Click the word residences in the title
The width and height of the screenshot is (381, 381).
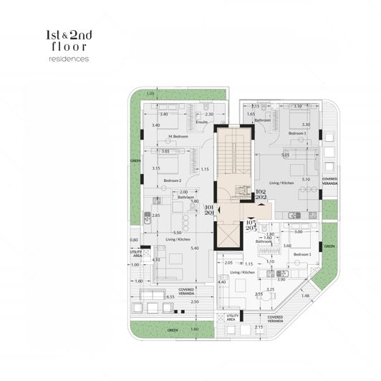(65, 59)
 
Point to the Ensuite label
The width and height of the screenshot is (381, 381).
(201, 122)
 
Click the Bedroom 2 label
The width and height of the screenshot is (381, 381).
(173, 180)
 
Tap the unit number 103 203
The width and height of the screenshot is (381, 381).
(251, 225)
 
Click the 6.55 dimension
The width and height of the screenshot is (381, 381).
(170, 296)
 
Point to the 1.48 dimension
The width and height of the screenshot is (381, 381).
(305, 296)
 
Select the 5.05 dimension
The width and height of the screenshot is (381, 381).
(285, 155)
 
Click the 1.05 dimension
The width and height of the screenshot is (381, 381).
(150, 95)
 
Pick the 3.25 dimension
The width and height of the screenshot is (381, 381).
(270, 289)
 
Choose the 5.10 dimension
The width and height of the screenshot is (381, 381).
(306, 179)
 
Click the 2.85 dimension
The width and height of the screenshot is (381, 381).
(155, 216)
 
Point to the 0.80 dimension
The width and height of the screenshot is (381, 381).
(133, 239)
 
